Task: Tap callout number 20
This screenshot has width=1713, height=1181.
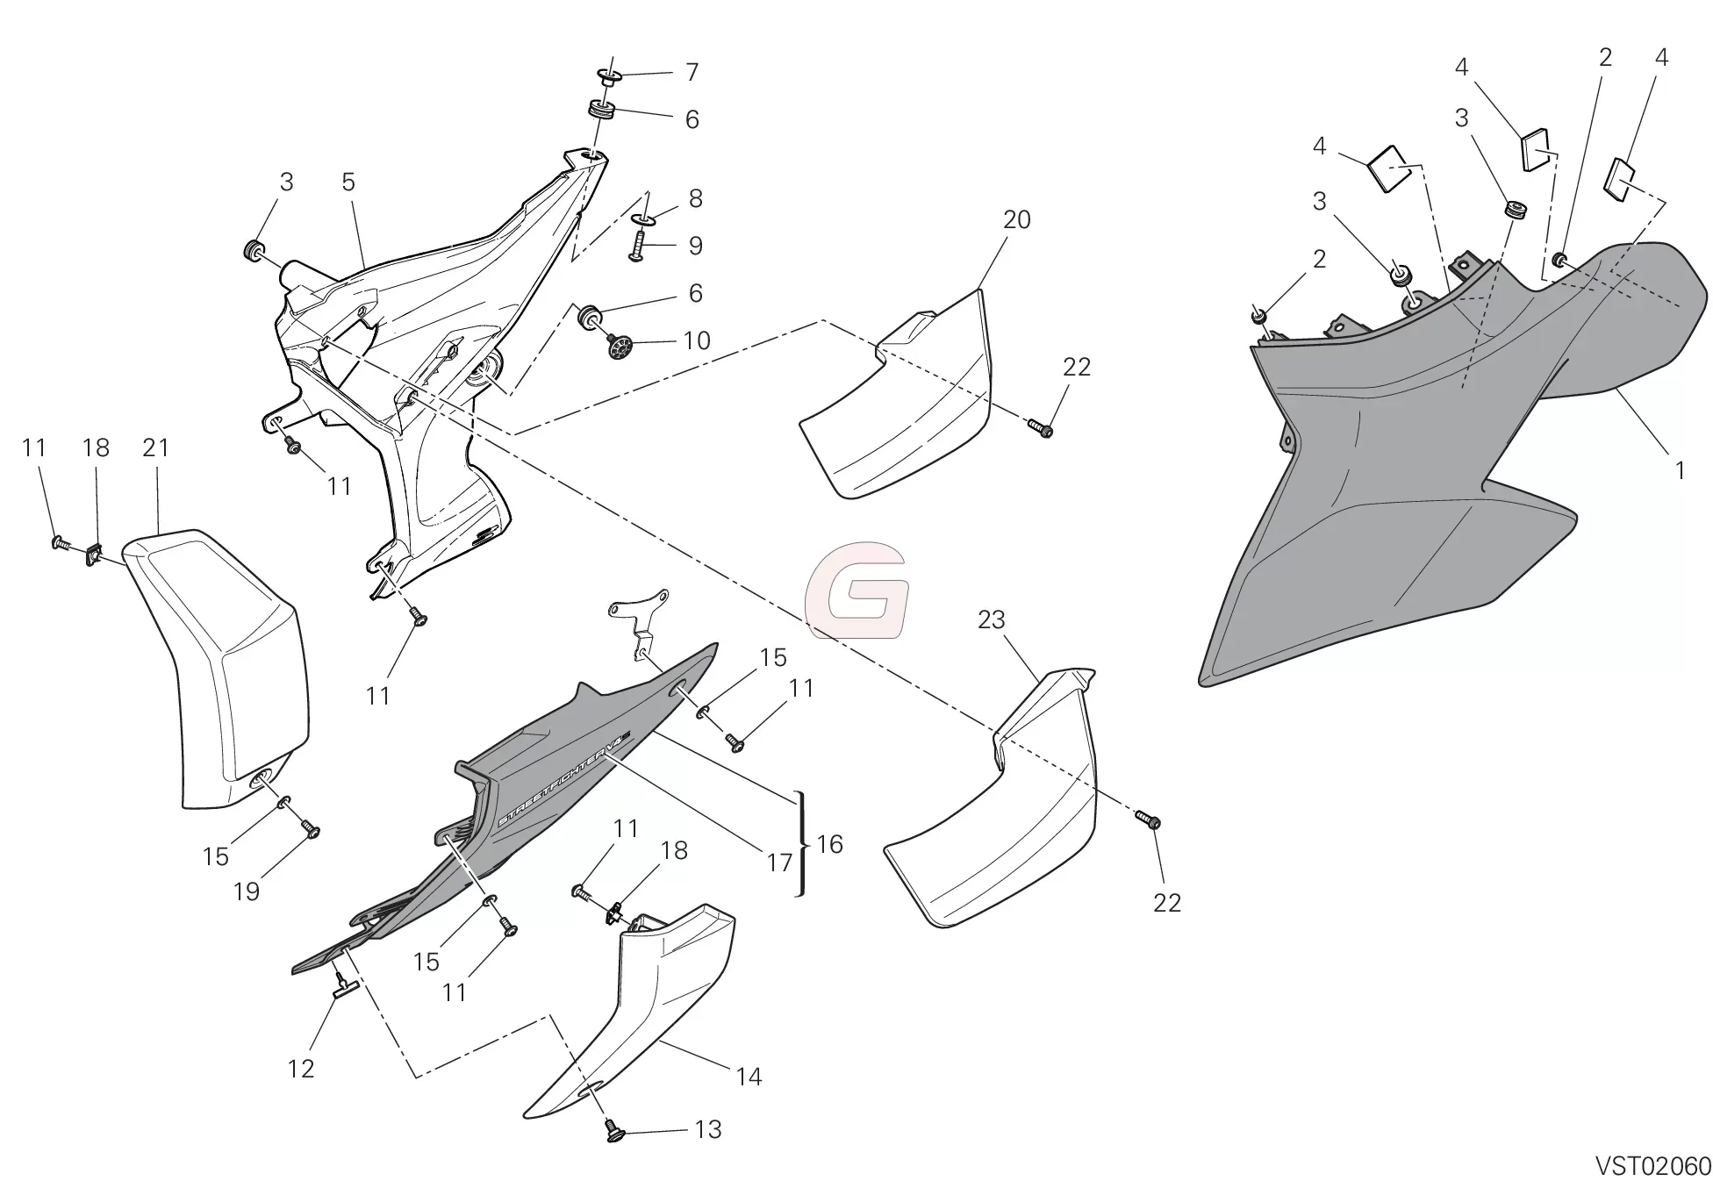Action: [1016, 219]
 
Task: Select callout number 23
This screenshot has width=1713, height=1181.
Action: [991, 620]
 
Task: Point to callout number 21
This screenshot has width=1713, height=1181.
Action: [155, 447]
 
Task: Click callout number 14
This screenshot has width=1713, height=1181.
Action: [749, 1077]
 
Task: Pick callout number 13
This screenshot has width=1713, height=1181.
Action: [708, 1130]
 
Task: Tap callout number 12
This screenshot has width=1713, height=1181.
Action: [300, 1069]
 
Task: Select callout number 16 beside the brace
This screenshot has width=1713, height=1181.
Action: [829, 844]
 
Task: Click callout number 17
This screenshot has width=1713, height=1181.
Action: [779, 863]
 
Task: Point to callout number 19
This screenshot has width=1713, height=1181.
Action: [247, 891]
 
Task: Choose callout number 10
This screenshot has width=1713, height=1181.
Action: [697, 340]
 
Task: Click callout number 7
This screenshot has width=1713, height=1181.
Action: [692, 72]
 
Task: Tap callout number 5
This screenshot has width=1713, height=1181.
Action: [348, 182]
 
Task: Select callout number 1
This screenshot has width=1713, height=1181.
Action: [1680, 471]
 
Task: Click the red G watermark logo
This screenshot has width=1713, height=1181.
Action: [856, 590]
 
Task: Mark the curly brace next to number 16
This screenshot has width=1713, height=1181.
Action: [801, 843]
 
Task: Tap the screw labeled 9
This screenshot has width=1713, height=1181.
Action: [638, 248]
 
